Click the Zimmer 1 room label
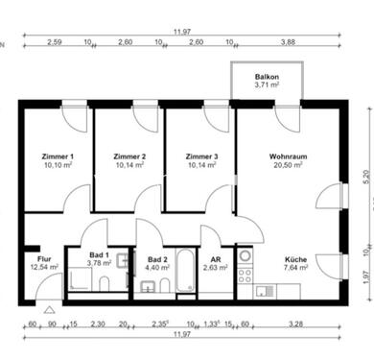58,156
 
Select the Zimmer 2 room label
129,156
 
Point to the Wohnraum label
287,156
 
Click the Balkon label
267,76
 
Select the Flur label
44,259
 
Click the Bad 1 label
100,254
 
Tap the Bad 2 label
158,259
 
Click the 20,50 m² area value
287,164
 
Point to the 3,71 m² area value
267,85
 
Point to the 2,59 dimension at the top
53,42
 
